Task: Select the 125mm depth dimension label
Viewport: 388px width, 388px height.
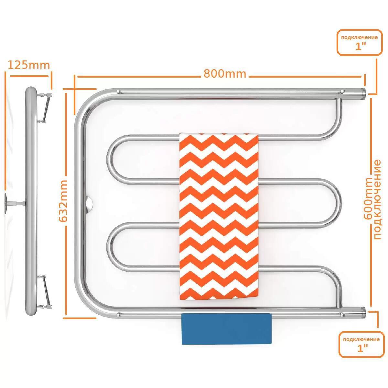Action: pyautogui.click(x=28, y=65)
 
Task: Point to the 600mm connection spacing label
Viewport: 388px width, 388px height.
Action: pyautogui.click(x=368, y=198)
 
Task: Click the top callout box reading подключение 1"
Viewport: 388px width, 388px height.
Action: pyautogui.click(x=360, y=42)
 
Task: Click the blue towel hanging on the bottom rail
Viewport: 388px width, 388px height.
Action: pyautogui.click(x=227, y=329)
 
